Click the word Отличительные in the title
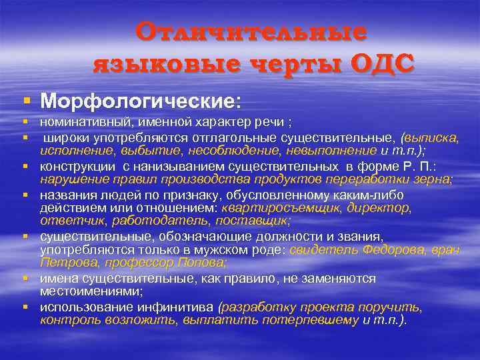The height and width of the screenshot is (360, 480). coord(251,33)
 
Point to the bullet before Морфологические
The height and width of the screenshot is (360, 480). coord(26,101)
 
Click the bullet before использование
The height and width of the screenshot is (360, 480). coord(26,307)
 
